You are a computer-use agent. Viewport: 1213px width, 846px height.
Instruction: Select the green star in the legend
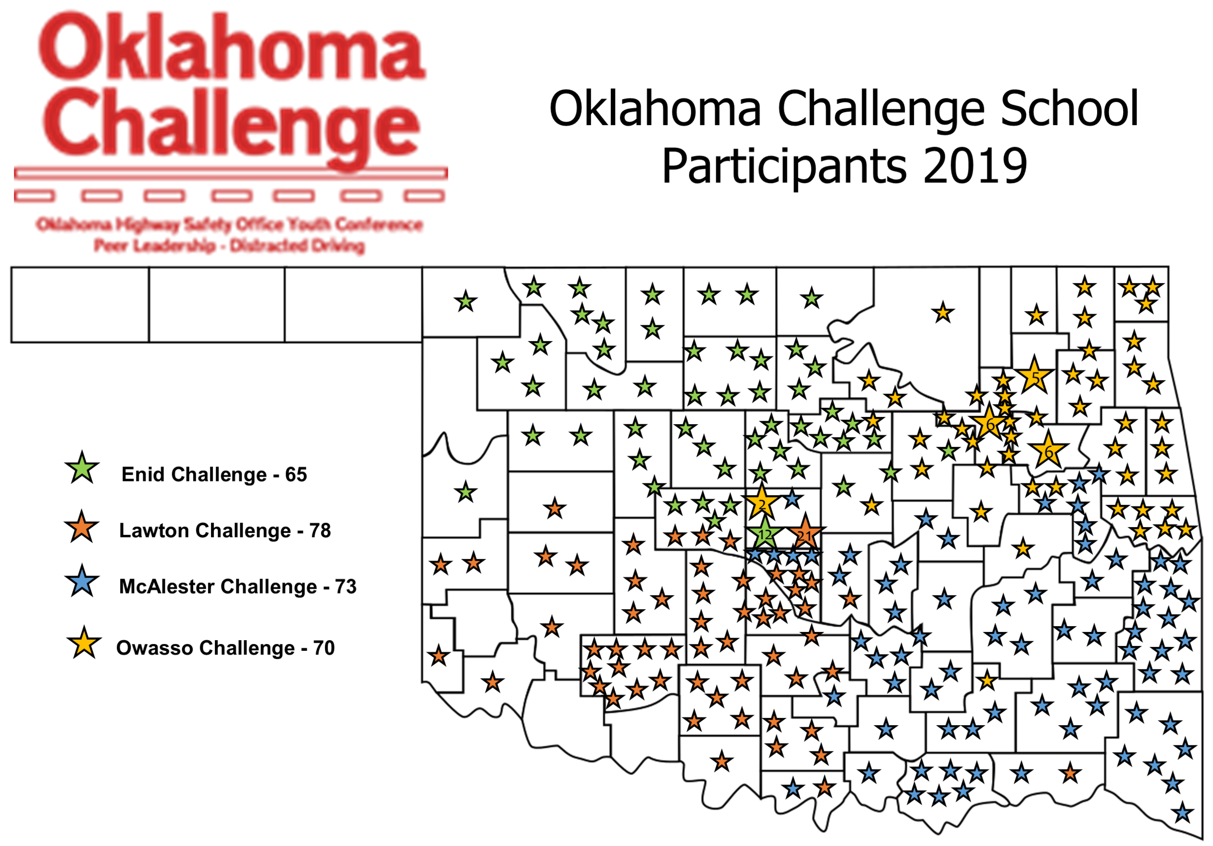click(x=82, y=468)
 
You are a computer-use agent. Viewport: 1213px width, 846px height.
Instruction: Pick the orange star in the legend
click(x=82, y=528)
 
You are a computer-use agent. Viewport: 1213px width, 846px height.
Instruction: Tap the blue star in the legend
click(x=82, y=581)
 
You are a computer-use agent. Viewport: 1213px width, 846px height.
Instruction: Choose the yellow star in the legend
click(x=84, y=643)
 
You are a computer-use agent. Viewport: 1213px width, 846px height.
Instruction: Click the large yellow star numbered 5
click(x=1034, y=376)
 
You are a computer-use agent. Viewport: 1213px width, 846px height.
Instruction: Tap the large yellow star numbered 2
click(x=761, y=503)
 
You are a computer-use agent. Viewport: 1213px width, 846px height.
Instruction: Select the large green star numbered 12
click(x=764, y=535)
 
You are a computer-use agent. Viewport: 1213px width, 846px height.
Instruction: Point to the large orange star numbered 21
click(x=804, y=534)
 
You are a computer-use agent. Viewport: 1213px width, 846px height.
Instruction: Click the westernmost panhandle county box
click(x=81, y=305)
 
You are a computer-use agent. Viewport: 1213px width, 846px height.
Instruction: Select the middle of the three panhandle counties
click(x=216, y=305)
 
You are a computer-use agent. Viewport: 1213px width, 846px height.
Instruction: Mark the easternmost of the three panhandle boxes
click(x=353, y=305)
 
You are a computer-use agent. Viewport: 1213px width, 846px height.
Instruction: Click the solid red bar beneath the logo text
click(x=231, y=173)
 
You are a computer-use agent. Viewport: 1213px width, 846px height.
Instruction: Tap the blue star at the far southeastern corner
click(x=1183, y=812)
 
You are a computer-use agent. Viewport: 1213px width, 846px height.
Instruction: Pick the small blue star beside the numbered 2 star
click(x=791, y=498)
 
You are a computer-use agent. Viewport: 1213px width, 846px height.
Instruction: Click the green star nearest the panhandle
click(x=465, y=302)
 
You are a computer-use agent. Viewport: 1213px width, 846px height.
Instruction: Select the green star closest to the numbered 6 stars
click(x=949, y=451)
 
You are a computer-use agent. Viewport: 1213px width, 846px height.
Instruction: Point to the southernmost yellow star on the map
click(x=986, y=680)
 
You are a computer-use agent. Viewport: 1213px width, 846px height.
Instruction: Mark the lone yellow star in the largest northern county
click(x=943, y=313)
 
